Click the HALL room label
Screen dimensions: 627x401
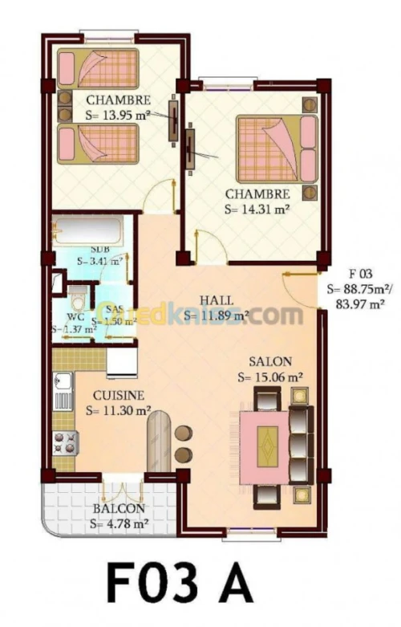(x=217, y=299)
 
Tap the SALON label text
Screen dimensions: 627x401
(x=269, y=361)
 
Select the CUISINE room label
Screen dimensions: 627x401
(x=118, y=395)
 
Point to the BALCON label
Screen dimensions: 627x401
(x=118, y=509)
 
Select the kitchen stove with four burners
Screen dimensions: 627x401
(x=65, y=442)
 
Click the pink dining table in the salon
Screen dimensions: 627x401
(x=268, y=443)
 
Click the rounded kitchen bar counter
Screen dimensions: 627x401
(x=160, y=441)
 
